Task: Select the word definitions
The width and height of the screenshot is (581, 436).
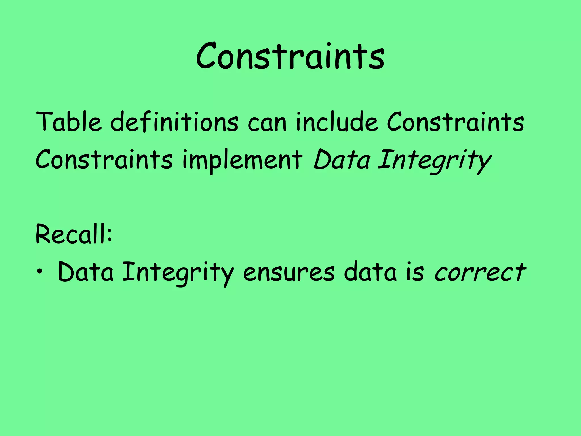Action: click(x=174, y=122)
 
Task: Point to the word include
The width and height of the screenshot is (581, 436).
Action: click(x=337, y=122)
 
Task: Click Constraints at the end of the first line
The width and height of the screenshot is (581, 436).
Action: click(x=455, y=122)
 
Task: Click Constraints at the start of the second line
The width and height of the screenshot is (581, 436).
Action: click(x=104, y=160)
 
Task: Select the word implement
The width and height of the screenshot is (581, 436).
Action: click(x=243, y=160)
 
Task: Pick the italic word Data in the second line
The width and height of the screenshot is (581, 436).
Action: click(x=342, y=160)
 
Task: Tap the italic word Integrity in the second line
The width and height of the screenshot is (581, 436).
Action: click(x=434, y=160)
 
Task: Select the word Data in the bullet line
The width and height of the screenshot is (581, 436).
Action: click(x=86, y=272)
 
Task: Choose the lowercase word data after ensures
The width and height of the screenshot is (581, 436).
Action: click(x=370, y=272)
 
